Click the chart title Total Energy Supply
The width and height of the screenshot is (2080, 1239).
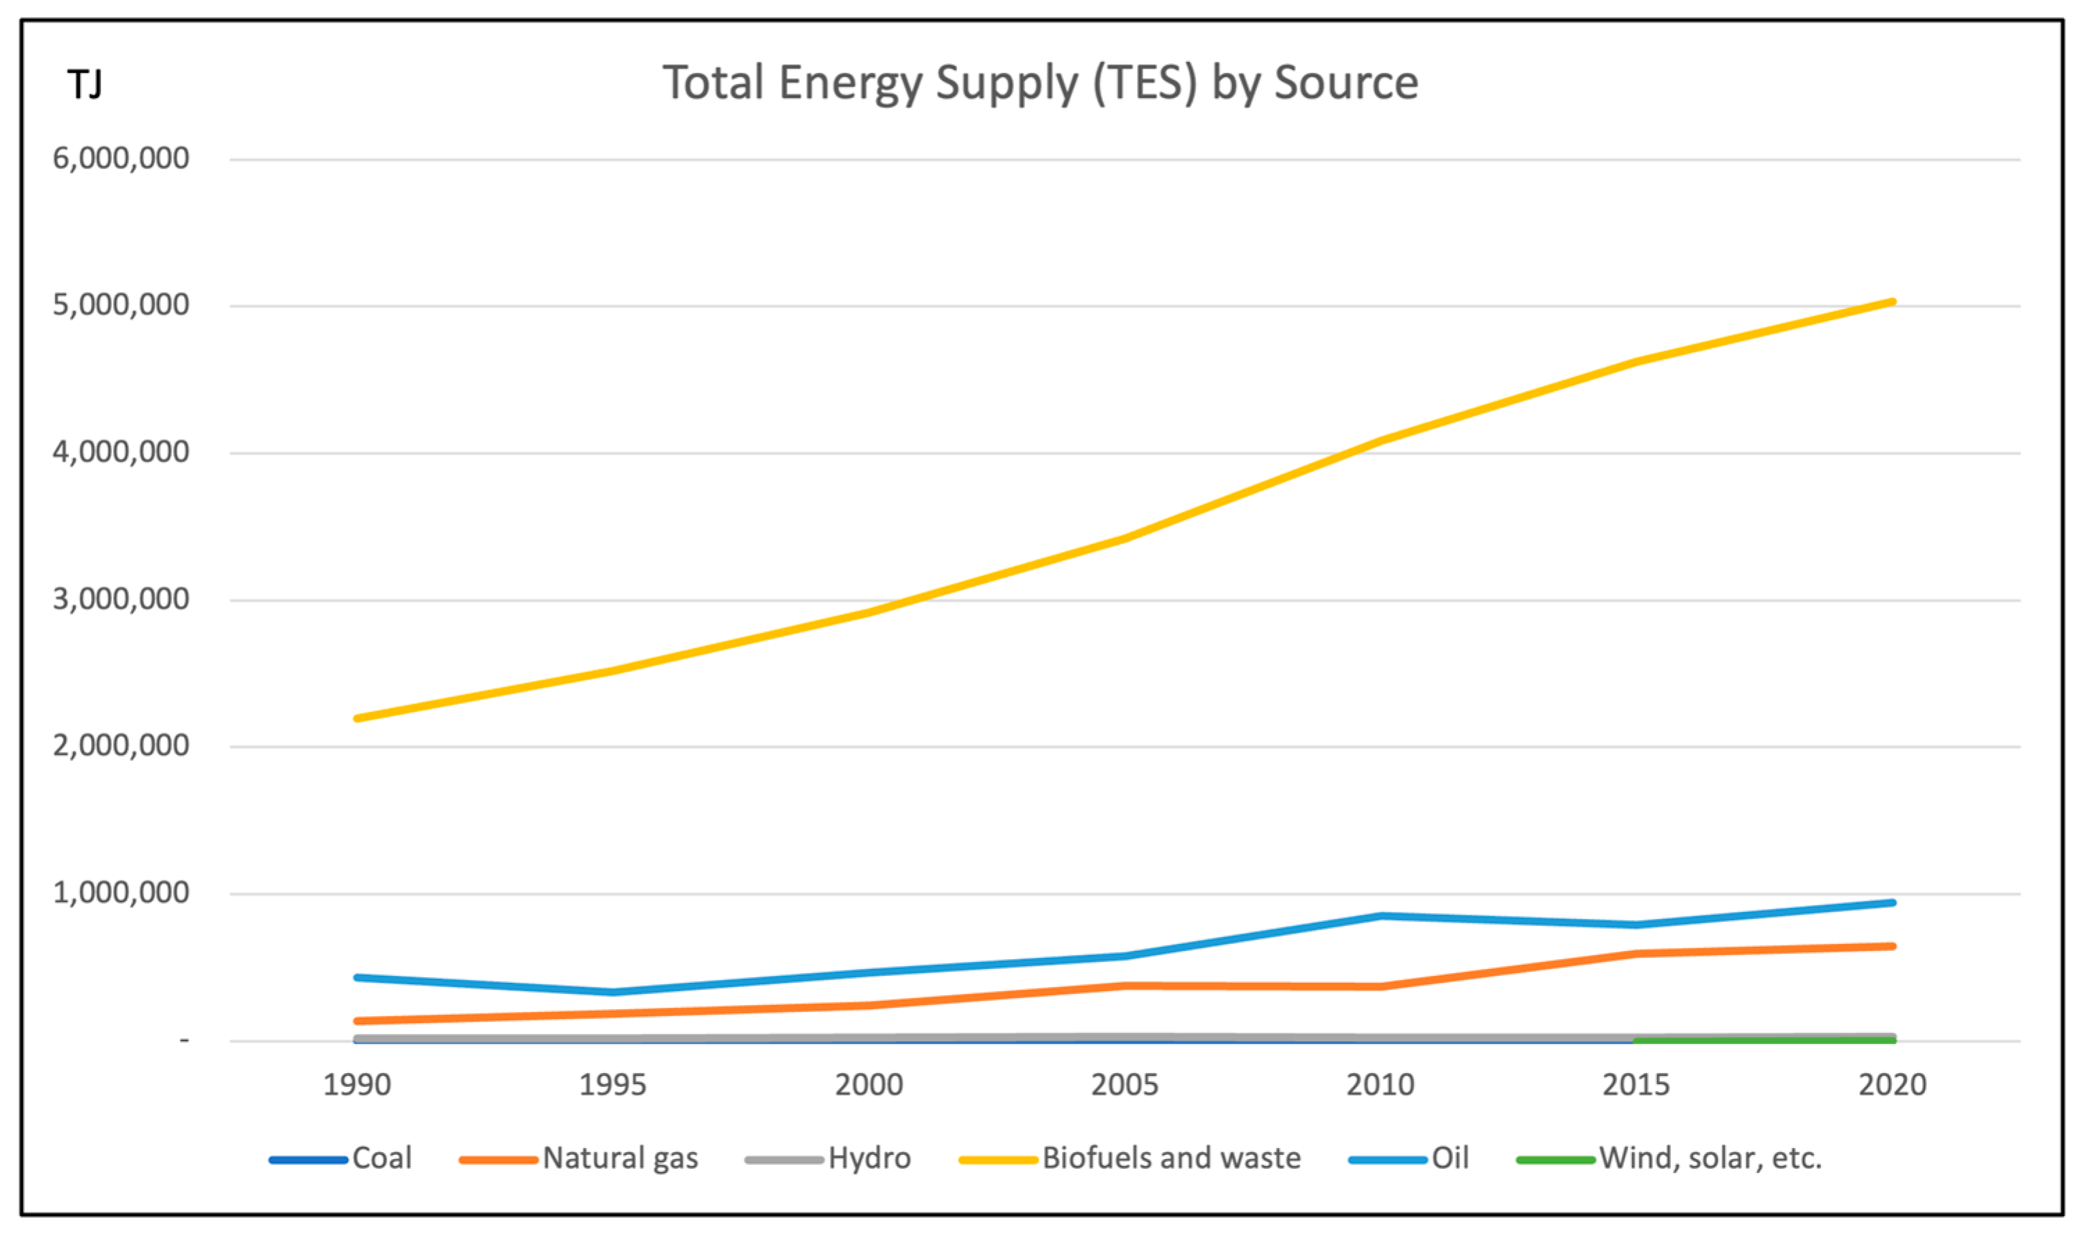[x=1040, y=83]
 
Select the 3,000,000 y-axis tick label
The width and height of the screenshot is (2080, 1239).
[x=121, y=600]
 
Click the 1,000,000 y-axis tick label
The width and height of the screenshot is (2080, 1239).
[x=121, y=893]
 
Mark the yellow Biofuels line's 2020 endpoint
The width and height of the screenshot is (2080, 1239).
[x=1892, y=302]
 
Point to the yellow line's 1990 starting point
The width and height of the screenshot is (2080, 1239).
[x=358, y=718]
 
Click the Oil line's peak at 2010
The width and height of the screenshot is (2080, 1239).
[x=1381, y=916]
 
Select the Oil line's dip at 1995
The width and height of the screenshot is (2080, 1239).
[x=613, y=993]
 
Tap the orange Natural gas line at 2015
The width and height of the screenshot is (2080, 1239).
[x=1636, y=954]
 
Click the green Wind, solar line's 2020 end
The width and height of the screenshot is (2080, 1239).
[x=1892, y=1040]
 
